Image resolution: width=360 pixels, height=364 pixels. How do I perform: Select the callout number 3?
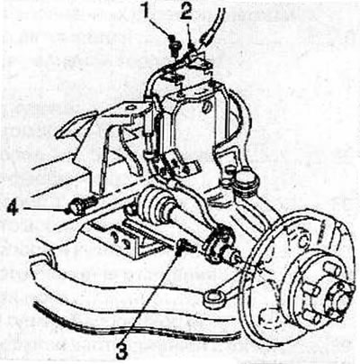(122, 349)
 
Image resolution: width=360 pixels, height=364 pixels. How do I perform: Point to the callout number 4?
(13, 209)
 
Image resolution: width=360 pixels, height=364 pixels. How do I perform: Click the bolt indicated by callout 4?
(80, 206)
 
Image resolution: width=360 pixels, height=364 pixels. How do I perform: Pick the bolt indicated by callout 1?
(174, 44)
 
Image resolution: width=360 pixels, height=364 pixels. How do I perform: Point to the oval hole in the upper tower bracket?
(205, 105)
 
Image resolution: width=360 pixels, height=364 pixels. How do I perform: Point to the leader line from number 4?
(44, 209)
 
